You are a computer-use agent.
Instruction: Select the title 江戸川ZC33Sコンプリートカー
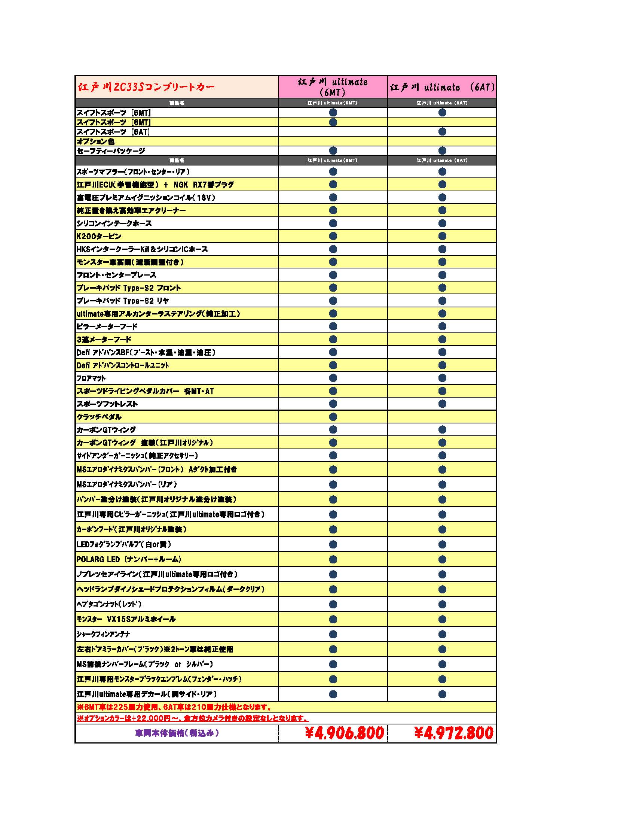coord(146,87)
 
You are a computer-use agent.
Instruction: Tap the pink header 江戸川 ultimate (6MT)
coord(333,87)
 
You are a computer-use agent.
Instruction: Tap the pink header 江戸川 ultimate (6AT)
coord(442,87)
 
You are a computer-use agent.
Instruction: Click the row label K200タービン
coord(99,236)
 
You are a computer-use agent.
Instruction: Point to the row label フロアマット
coord(91,378)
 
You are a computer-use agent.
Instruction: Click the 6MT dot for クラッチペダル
coord(333,417)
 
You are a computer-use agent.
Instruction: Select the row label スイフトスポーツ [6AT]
coord(113,132)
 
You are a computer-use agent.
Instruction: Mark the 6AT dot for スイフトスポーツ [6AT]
coord(442,131)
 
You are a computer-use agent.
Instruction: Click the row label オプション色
coord(95,141)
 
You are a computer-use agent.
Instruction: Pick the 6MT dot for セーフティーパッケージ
coord(333,150)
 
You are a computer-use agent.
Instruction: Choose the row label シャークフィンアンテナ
coord(103,634)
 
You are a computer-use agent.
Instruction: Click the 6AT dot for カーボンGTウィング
coord(442,429)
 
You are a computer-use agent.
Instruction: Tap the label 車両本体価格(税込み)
coord(177,733)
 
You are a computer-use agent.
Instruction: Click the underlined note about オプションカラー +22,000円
coord(192,718)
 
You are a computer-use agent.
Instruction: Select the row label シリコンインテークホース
coord(114,224)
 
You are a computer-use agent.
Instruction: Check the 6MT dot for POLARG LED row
coord(333,559)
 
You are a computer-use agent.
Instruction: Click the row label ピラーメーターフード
coord(107,326)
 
